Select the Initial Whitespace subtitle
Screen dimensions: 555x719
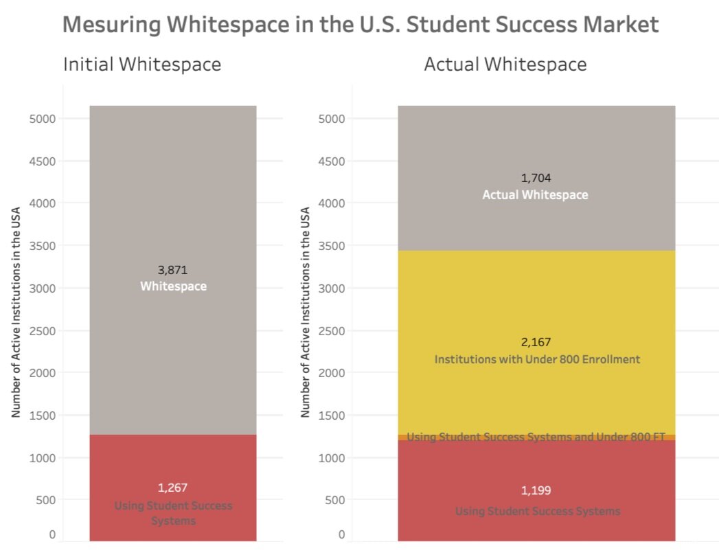click(x=142, y=65)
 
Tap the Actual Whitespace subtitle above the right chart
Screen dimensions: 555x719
click(x=505, y=65)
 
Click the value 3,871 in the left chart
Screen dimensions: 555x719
click(x=172, y=270)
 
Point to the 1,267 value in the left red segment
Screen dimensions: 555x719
click(x=172, y=488)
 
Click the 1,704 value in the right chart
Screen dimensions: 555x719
click(x=536, y=179)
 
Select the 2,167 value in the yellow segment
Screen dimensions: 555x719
click(x=536, y=342)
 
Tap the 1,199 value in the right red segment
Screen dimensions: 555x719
click(x=536, y=490)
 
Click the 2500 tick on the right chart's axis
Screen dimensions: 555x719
click(x=333, y=331)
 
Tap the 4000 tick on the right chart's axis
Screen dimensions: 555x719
click(x=333, y=203)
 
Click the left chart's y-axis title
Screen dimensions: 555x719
click(x=15, y=313)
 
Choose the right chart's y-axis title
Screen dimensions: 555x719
click(x=305, y=313)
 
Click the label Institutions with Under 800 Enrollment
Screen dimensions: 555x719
click(x=536, y=359)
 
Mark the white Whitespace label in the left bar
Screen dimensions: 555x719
click(x=173, y=286)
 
